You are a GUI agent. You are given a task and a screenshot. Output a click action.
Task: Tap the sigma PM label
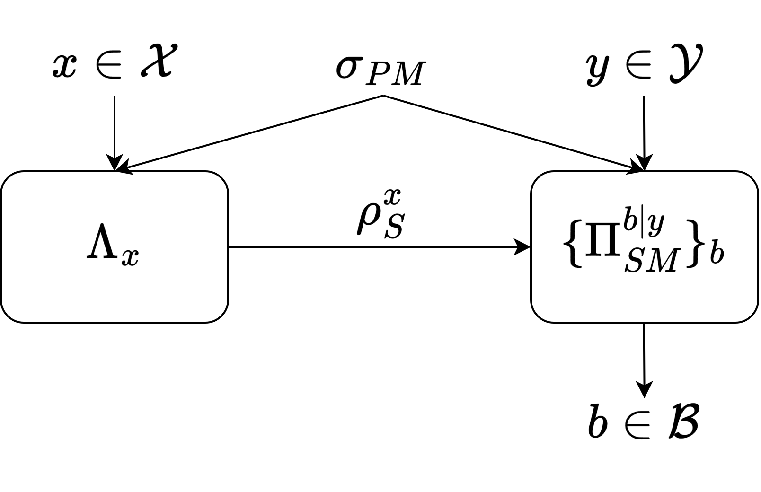click(381, 70)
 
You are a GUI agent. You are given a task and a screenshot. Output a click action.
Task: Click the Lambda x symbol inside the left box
click(113, 248)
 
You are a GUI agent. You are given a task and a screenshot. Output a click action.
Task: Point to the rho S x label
click(380, 215)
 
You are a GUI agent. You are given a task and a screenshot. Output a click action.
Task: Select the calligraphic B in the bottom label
click(682, 421)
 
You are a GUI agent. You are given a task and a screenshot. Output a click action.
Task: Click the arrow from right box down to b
click(644, 360)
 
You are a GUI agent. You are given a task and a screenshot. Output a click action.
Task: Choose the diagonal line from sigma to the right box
click(513, 132)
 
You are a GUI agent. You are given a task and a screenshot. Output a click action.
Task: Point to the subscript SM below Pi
click(651, 261)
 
